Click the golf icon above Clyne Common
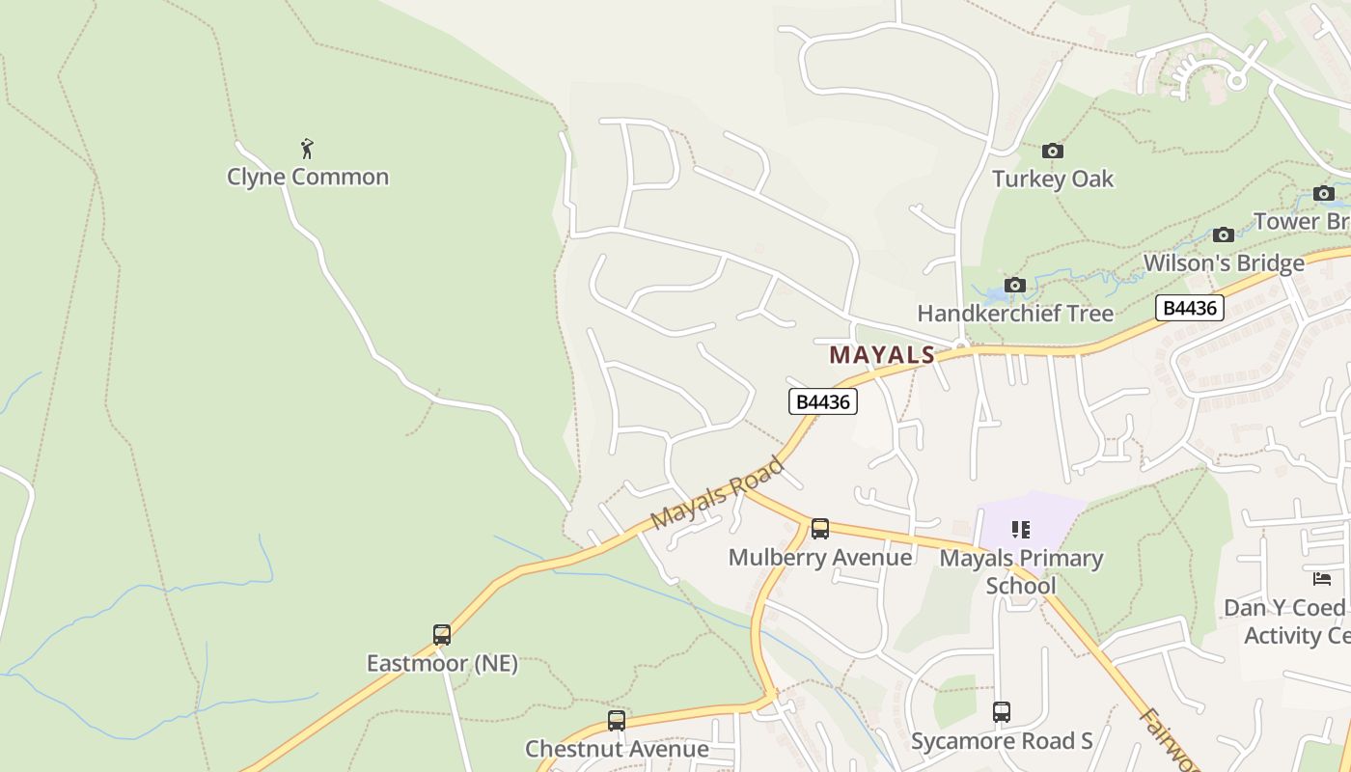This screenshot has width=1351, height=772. (x=307, y=149)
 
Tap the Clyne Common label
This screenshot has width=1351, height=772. (x=308, y=177)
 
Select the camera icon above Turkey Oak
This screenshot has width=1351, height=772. (x=1053, y=151)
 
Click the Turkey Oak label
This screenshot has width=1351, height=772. (x=1053, y=179)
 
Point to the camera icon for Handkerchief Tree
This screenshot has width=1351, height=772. (x=1014, y=285)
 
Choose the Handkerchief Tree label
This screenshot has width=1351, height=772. (x=1015, y=314)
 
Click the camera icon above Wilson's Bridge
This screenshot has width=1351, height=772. (x=1224, y=234)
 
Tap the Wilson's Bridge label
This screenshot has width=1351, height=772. (x=1224, y=263)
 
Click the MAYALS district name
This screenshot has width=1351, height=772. (x=882, y=355)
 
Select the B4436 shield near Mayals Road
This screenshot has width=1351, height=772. (x=823, y=401)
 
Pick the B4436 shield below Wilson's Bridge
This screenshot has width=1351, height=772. (x=1190, y=308)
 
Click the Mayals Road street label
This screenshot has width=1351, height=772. (x=717, y=493)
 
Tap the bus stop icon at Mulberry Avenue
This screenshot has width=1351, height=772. (x=820, y=529)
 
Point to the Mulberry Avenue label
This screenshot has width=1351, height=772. (x=820, y=558)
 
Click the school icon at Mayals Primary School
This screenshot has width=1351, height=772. (x=1021, y=529)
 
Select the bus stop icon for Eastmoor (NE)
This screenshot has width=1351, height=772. (x=442, y=635)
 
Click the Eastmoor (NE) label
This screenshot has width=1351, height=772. (x=442, y=664)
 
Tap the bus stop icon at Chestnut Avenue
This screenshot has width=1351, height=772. (x=617, y=720)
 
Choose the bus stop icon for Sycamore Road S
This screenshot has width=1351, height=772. (x=1002, y=712)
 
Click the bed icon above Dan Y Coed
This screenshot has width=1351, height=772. (x=1322, y=579)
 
